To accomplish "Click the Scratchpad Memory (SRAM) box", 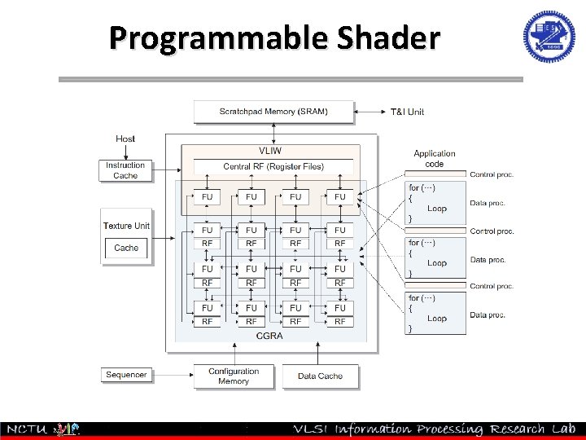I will [273, 112].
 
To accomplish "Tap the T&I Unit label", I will [407, 112].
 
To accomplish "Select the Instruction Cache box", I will [125, 170].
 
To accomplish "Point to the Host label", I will [125, 139].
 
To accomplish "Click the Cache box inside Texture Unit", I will [126, 248].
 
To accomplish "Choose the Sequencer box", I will [126, 375].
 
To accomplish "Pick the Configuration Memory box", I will [234, 376].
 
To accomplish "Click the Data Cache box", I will [320, 376].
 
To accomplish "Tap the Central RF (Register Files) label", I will [273, 167].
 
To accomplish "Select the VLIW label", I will [270, 152].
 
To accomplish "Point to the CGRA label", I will [269, 335].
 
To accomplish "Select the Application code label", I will [435, 158].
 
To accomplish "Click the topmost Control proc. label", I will [492, 174].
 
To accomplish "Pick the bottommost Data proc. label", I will [488, 315].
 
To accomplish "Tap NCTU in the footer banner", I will [26, 429].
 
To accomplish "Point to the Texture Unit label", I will [126, 226].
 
